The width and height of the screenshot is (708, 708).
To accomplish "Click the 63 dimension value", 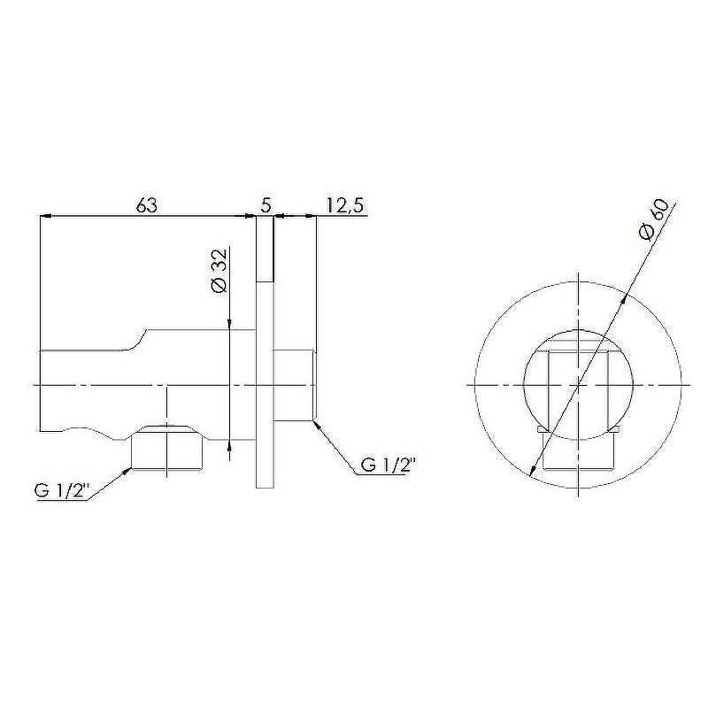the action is pyautogui.click(x=147, y=205).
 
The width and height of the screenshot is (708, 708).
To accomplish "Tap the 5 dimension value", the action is pyautogui.click(x=266, y=205).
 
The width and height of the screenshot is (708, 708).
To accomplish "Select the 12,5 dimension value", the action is pyautogui.click(x=344, y=206).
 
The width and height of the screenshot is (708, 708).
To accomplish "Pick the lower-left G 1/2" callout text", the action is pyautogui.click(x=60, y=491).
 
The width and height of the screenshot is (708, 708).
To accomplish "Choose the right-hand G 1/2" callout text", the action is pyautogui.click(x=389, y=465).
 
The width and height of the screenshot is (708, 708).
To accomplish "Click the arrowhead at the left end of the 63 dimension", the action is pyautogui.click(x=45, y=216).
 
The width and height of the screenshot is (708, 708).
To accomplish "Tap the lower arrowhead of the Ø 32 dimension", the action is pyautogui.click(x=230, y=445).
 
